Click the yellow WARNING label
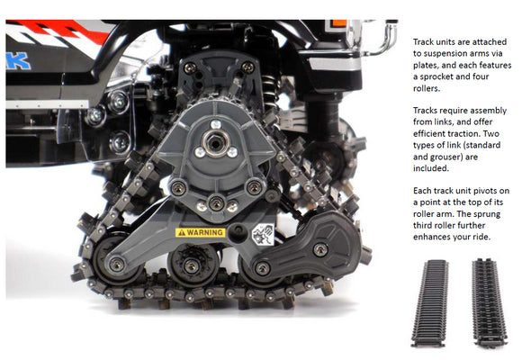click(x=199, y=231)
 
